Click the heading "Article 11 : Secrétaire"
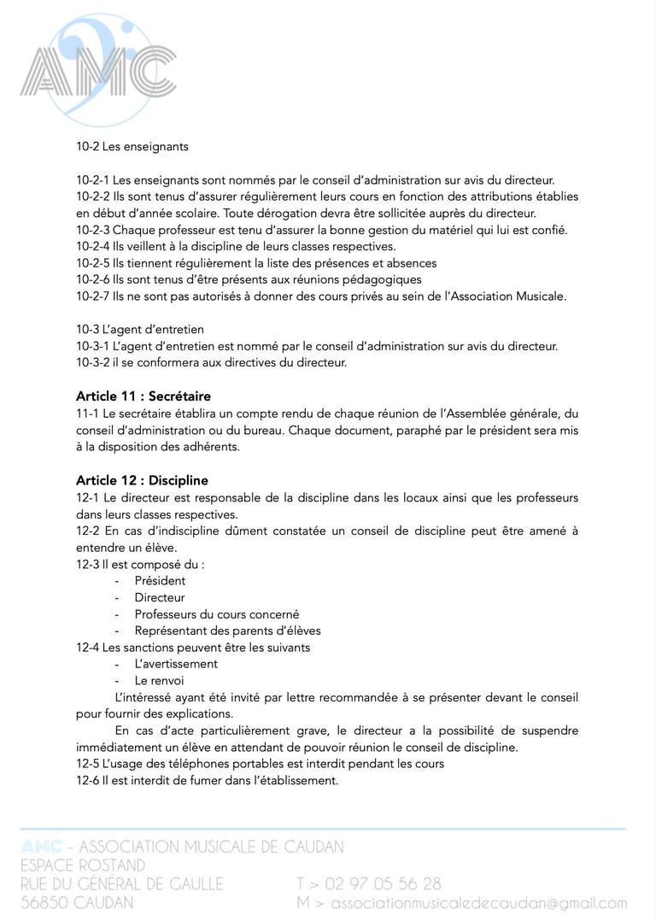(143, 396)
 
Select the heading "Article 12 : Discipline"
(142, 480)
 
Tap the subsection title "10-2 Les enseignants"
(132, 146)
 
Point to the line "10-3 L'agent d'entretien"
(140, 329)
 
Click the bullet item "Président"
(160, 581)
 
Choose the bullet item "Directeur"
(160, 597)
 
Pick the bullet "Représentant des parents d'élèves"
(227, 631)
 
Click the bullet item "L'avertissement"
(176, 664)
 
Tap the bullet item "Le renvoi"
(159, 681)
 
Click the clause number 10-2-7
(92, 296)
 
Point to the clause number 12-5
(87, 764)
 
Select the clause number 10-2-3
(92, 230)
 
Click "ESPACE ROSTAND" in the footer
(83, 865)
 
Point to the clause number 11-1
(87, 414)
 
